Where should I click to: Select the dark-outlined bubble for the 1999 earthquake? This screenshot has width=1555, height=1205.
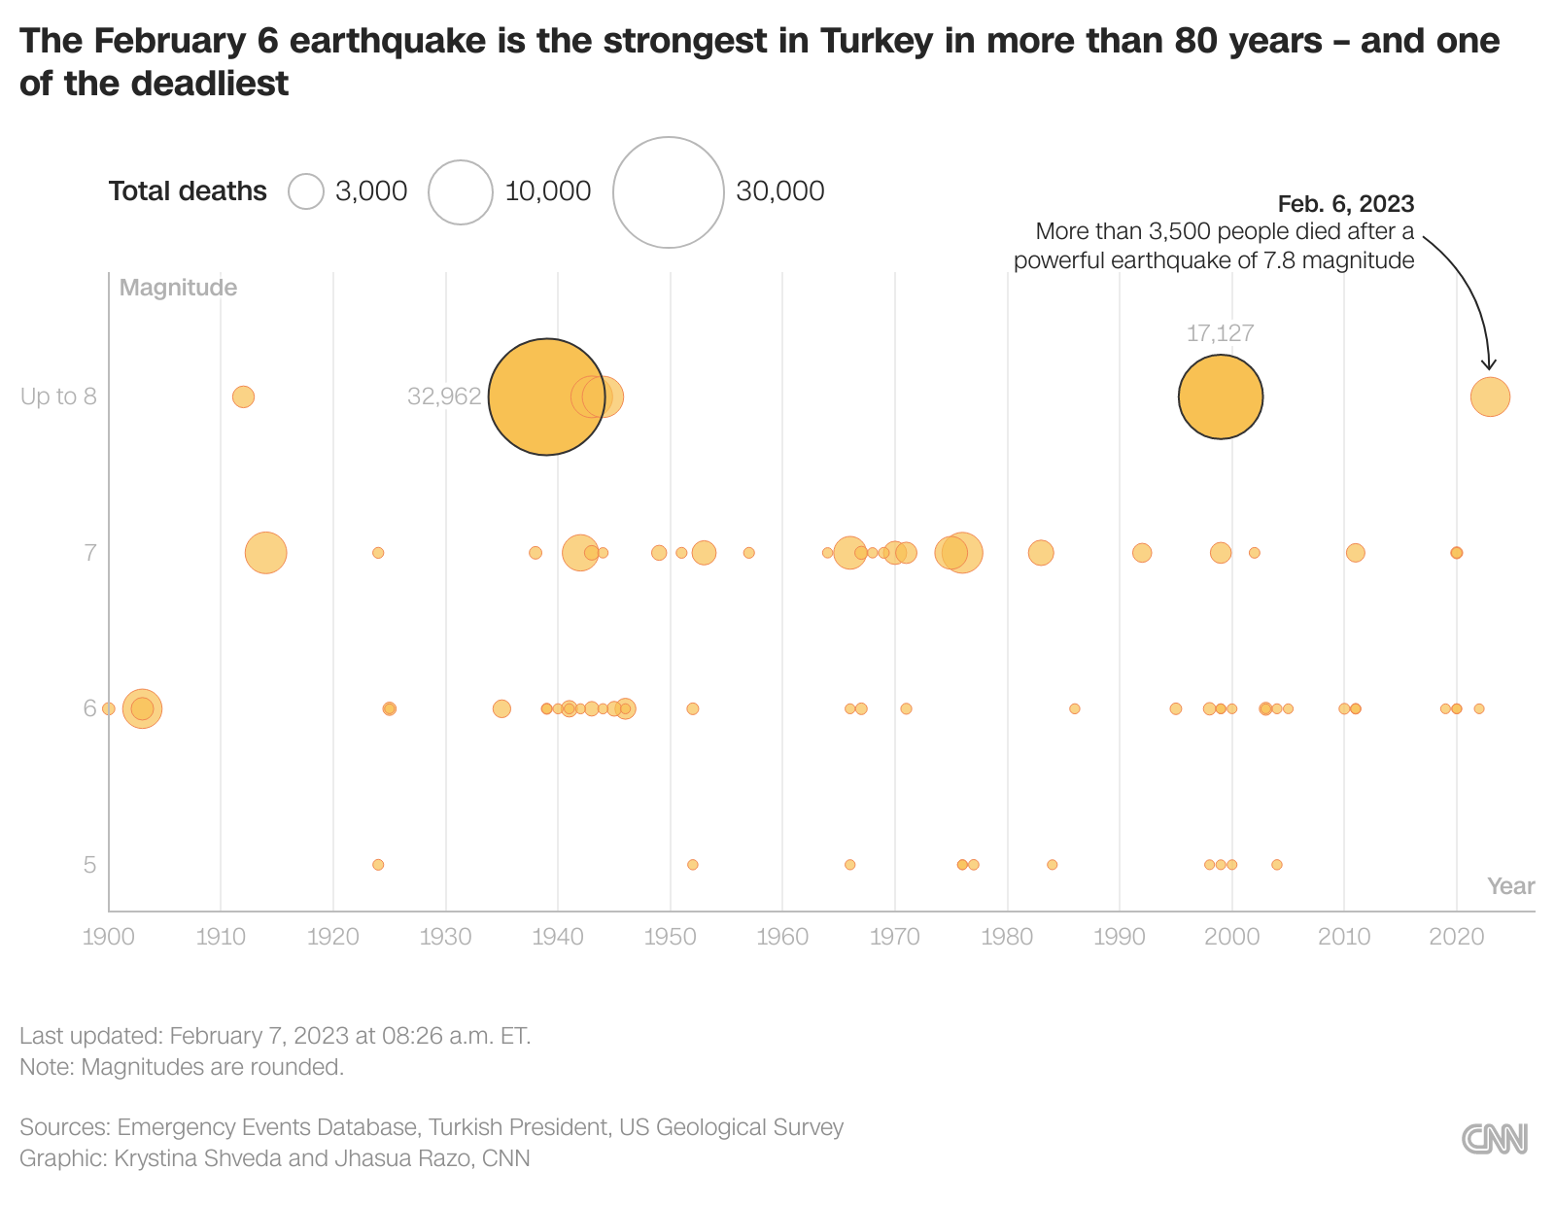(1220, 396)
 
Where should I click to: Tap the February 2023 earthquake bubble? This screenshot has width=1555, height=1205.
(1490, 396)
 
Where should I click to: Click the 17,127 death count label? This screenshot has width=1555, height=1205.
(1220, 333)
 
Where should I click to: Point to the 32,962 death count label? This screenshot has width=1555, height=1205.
(444, 396)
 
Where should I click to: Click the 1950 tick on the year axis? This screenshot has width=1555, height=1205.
(671, 937)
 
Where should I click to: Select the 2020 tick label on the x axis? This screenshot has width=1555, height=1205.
(1456, 937)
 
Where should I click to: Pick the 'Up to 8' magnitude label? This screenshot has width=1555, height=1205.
(58, 396)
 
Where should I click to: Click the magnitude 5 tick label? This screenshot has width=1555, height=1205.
(89, 865)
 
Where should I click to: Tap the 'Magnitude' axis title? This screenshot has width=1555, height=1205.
(178, 288)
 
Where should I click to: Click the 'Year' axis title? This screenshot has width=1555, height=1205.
(1510, 886)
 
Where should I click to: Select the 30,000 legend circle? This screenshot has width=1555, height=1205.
(669, 192)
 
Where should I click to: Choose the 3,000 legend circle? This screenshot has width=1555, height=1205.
(306, 191)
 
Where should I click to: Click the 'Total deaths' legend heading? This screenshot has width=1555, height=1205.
(188, 191)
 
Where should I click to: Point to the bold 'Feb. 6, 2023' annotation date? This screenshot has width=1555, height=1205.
(1345, 204)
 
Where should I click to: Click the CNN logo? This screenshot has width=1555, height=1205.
(1495, 1139)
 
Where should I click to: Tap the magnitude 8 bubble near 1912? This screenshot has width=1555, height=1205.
(243, 396)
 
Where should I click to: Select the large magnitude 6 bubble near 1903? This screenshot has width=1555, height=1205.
(142, 708)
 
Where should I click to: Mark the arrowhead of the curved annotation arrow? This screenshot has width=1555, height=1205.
(1489, 366)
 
